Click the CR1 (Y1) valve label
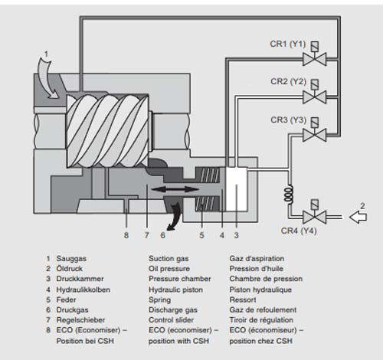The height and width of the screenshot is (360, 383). (288, 44)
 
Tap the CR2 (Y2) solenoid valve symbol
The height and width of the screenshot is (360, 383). (315, 92)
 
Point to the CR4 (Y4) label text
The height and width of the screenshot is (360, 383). (299, 231)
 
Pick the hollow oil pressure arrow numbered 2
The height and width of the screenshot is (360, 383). (358, 217)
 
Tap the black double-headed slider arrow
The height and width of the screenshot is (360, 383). (175, 189)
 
